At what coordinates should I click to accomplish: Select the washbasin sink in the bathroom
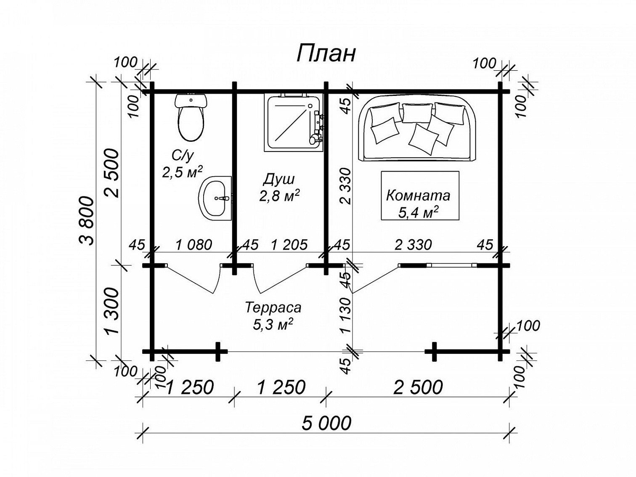click(x=215, y=198)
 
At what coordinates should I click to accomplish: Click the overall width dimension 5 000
click(x=326, y=423)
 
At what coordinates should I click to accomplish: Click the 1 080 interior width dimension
click(x=194, y=245)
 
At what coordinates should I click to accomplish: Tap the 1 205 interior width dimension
click(x=289, y=245)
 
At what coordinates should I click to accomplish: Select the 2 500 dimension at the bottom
click(x=418, y=387)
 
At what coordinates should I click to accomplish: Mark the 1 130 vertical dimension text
click(x=347, y=315)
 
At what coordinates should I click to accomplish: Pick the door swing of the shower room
click(x=281, y=278)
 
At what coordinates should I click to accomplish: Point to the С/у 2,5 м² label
click(x=182, y=164)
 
